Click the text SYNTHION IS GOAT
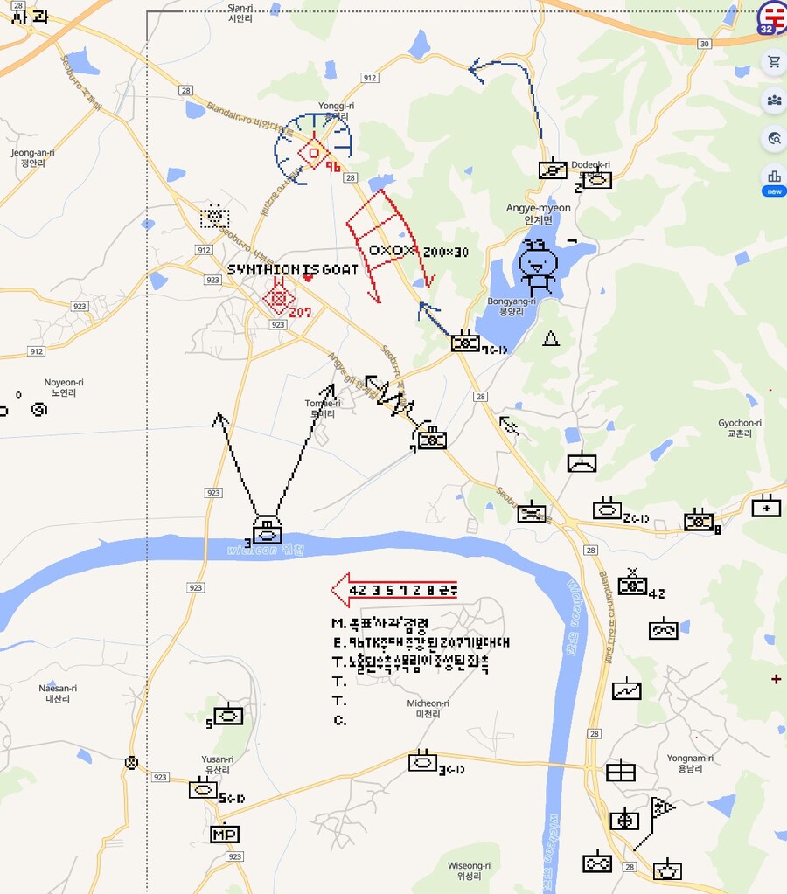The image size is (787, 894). [293, 270]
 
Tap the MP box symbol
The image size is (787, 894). [225, 835]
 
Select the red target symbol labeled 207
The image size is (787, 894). [279, 301]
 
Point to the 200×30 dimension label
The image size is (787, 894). [446, 253]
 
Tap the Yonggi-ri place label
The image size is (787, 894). [337, 110]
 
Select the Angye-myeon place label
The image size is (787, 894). [538, 213]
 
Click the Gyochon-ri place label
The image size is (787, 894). [740, 427]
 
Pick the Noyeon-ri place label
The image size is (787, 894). [64, 387]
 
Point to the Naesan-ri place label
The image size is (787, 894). [58, 693]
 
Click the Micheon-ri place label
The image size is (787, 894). [428, 708]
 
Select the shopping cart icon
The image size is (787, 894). [774, 62]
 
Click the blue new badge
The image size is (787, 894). [774, 191]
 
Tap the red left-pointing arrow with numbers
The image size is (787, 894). [393, 590]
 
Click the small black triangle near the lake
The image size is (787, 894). [551, 338]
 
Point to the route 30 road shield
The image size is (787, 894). [705, 43]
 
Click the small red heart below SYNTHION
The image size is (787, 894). [308, 278]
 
